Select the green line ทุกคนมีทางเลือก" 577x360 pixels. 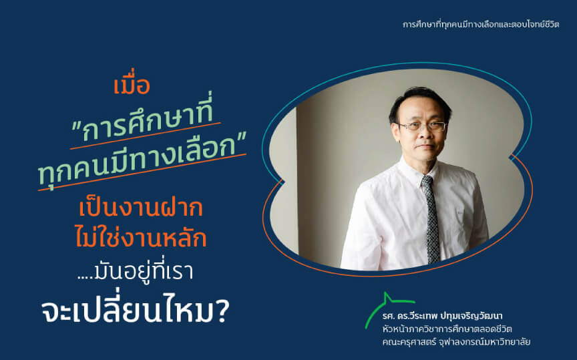pos(142,158)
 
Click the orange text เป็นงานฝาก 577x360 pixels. pos(141,208)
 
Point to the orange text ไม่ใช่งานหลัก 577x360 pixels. pos(141,236)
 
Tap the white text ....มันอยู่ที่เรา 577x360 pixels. pos(136,273)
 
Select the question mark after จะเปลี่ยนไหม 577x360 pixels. pos(222,312)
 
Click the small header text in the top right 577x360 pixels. pos(481,25)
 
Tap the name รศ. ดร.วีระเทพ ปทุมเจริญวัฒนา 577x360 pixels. pos(442,316)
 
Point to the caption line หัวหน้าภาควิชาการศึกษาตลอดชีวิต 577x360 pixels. pos(447,329)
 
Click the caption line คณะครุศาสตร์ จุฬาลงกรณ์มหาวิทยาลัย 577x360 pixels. pos(456,342)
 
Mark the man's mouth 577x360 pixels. pos(425,146)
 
